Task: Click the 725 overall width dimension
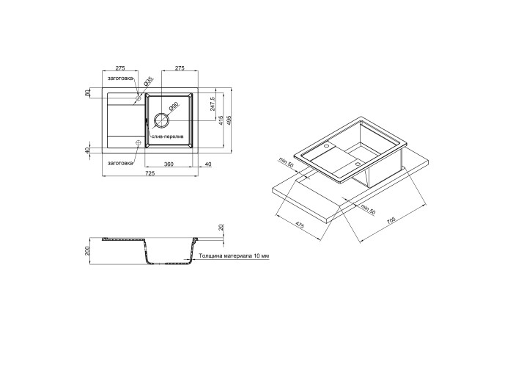point(150,173)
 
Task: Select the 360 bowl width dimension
point(168,164)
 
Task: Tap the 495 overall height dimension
point(229,120)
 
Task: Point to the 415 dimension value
point(221,120)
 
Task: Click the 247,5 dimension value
point(213,104)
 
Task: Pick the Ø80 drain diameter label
point(173,106)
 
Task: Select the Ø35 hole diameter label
point(148,81)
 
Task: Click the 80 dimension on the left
point(87,93)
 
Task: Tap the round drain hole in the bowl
point(161,120)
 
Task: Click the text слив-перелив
point(167,137)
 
